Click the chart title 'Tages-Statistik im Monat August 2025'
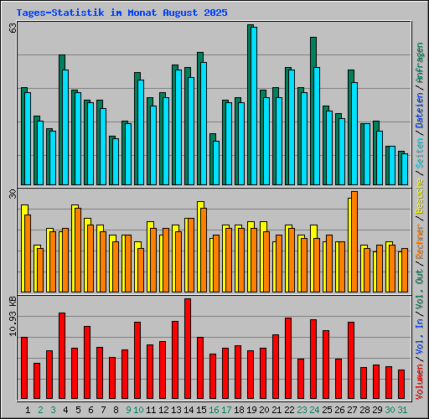tap(121, 13)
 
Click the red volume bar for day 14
tap(188, 349)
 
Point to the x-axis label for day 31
tap(402, 409)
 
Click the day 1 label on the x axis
tap(28, 409)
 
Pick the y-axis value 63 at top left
tap(13, 28)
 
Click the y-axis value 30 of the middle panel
tap(13, 194)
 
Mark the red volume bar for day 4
tap(62, 356)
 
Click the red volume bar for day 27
tap(351, 360)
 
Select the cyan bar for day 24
tap(316, 126)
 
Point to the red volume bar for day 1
tap(24, 368)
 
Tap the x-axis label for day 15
tap(201, 409)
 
